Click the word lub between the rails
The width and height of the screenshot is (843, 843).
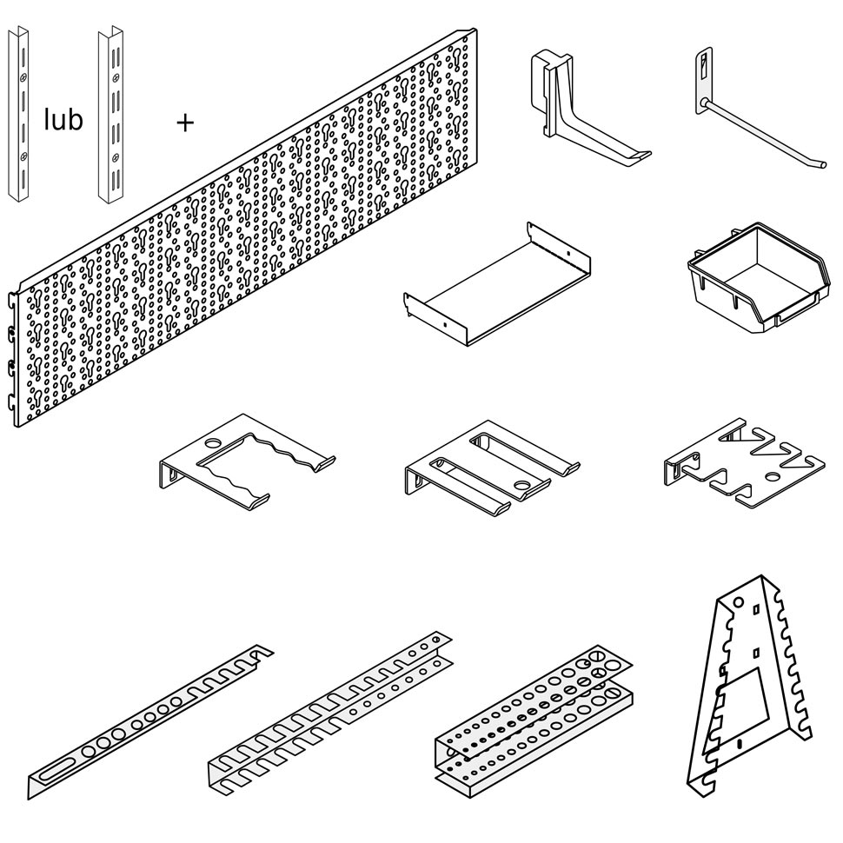[x=63, y=120]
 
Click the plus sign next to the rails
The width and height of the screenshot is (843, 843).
[x=184, y=123]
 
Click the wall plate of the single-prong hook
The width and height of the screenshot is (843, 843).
[x=701, y=82]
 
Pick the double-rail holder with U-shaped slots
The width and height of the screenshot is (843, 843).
[x=330, y=713]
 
